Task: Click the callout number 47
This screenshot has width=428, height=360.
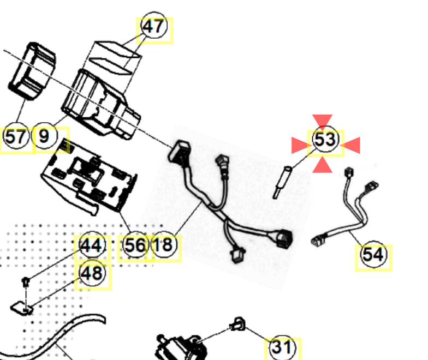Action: [x=153, y=27]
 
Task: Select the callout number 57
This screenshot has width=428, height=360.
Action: [x=16, y=137]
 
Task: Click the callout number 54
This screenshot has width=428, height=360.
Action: [x=373, y=255]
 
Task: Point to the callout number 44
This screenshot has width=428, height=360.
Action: [x=91, y=246]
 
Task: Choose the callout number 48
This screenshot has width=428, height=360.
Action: [x=91, y=273]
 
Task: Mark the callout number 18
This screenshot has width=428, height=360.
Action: [x=163, y=246]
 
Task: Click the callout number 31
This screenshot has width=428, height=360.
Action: [x=282, y=347]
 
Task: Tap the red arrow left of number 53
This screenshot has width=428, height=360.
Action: [x=299, y=145]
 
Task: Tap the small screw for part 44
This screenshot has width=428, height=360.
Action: [x=25, y=281]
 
